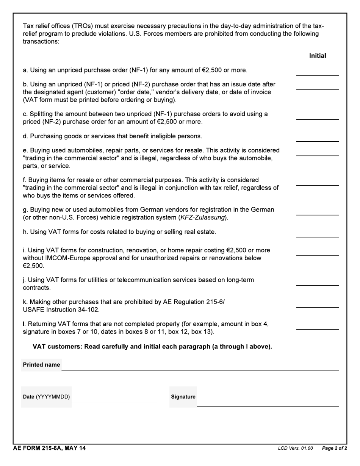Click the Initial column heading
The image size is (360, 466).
[317, 56]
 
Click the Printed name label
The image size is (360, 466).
[41, 365]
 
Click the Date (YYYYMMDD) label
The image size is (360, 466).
[46, 397]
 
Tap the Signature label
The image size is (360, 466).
[183, 397]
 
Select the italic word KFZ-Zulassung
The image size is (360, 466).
[203, 218]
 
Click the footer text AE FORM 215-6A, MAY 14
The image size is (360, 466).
[49, 449]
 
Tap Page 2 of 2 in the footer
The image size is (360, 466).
[334, 449]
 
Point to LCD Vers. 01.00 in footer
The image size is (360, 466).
[295, 449]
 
